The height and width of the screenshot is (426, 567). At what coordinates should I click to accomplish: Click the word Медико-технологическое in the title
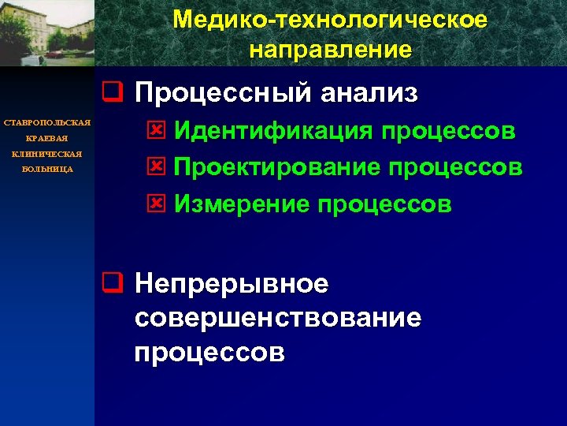tap(330, 20)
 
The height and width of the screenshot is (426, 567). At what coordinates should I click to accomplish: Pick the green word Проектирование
tap(275, 167)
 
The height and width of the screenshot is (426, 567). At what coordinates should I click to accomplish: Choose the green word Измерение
tap(242, 204)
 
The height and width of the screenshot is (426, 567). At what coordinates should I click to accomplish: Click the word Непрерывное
tap(232, 283)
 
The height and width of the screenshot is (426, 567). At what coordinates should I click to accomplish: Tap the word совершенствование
tap(278, 318)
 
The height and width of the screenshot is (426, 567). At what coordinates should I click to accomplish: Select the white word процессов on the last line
tap(209, 352)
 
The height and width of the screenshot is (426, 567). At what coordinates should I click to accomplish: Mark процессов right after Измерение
tap(385, 204)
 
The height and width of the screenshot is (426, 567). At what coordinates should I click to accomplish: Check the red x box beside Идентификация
tap(156, 131)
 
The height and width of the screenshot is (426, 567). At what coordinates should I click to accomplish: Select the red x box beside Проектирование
tap(156, 168)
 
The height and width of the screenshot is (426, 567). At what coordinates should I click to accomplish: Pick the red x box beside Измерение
tap(156, 205)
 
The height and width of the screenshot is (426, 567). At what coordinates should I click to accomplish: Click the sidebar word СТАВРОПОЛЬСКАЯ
tap(47, 122)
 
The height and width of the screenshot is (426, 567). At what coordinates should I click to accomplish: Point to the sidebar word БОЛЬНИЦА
tap(47, 169)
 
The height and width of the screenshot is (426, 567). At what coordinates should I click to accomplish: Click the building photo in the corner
tap(47, 33)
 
